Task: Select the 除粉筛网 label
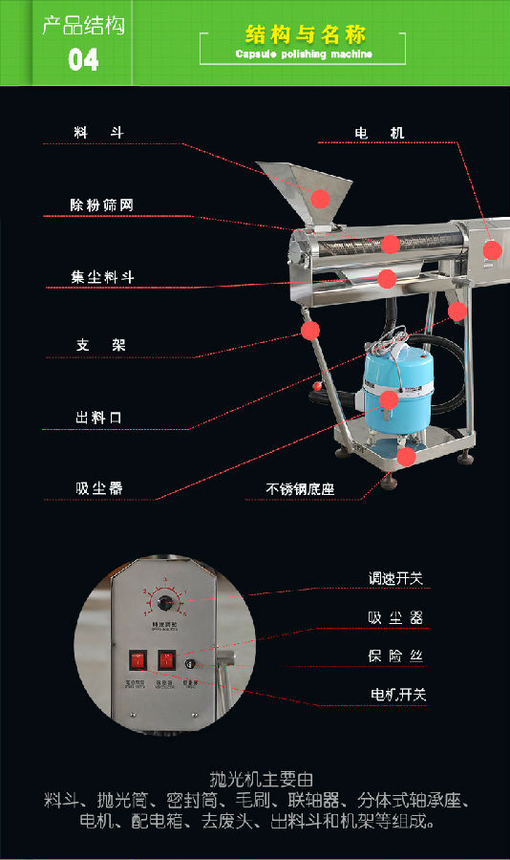coord(101,204)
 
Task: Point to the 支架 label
coord(101,345)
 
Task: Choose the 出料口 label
coord(99,418)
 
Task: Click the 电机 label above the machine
coord(379,133)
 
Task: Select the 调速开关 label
coord(396,578)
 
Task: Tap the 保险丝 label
coord(395,656)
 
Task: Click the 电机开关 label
coord(398,694)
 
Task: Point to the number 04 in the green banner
coord(83,60)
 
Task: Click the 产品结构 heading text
coord(83,25)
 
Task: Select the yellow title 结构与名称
coord(305,35)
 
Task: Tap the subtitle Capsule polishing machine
coord(304,54)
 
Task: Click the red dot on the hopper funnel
coord(321,198)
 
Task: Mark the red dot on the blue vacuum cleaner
coord(388,398)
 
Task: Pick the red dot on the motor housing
coord(492,250)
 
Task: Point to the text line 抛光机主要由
coord(254,779)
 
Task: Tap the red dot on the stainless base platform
coord(406,457)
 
